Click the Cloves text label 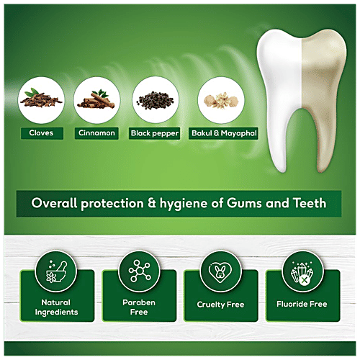(x=37, y=133)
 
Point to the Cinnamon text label (x=96, y=133)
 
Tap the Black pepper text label (x=156, y=133)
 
